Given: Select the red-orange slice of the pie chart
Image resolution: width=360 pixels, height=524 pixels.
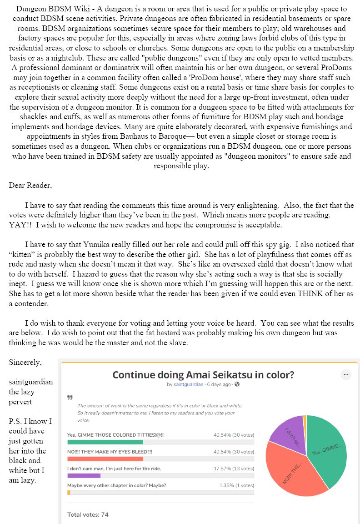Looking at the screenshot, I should [x=291, y=473].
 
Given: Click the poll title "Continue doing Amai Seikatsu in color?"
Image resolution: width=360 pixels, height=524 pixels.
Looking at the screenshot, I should [x=203, y=375].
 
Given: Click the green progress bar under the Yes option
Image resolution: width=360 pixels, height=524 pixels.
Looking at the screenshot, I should [x=105, y=442].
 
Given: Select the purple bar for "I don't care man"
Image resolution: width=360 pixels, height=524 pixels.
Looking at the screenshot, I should [x=84, y=475].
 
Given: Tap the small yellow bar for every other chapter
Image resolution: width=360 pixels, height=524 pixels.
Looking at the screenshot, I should [x=69, y=492].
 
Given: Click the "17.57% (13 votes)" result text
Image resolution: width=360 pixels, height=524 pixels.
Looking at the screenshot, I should [x=234, y=469].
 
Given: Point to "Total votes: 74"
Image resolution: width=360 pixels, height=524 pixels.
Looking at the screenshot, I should [x=88, y=514].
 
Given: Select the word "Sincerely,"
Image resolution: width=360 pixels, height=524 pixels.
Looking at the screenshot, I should [x=25, y=363].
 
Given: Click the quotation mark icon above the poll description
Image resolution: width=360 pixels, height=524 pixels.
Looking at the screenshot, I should [x=70, y=397].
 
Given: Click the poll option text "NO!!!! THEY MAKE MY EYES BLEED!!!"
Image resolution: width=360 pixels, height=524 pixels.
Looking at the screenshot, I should [x=110, y=452].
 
